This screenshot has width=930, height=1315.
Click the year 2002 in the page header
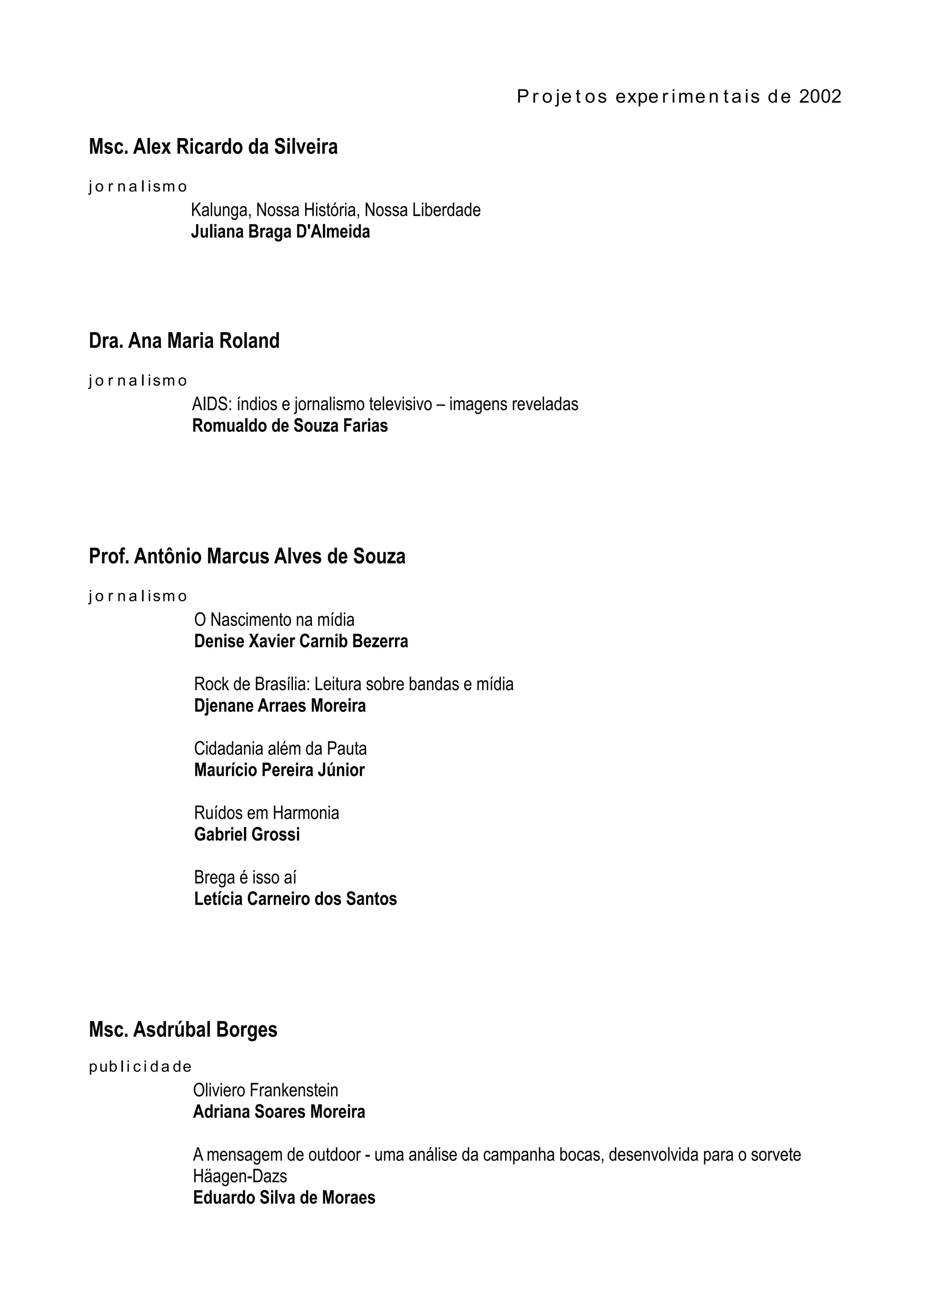[820, 96]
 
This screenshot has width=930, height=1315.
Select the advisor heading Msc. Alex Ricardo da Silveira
[213, 147]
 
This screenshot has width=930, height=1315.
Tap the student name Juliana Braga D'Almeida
[280, 232]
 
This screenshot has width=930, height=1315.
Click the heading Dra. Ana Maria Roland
[184, 341]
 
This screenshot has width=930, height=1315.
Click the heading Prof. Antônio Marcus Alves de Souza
[247, 556]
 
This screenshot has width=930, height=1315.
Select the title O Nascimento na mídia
[274, 620]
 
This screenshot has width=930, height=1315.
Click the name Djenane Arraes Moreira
[280, 706]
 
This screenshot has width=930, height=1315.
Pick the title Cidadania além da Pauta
[280, 749]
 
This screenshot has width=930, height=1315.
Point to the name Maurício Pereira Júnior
[279, 770]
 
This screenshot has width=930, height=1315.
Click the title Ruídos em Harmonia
[267, 813]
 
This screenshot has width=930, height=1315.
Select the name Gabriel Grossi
[247, 834]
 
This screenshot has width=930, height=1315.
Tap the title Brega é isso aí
[245, 878]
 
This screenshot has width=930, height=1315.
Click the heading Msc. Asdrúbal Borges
[183, 1030]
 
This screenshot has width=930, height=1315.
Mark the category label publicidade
[140, 1067]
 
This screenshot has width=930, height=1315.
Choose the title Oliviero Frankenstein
[265, 1090]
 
